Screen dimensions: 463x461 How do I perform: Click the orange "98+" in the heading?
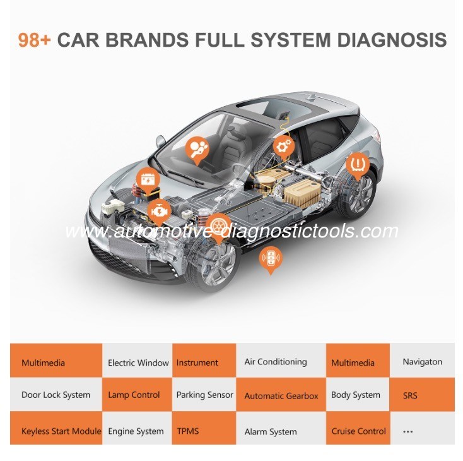(x=35, y=40)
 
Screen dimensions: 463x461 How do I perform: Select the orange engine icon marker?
(x=159, y=212)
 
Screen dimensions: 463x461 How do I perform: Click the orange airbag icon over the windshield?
(x=197, y=150)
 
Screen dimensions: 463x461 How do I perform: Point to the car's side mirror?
(x=160, y=141)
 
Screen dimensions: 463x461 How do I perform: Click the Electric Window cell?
(x=138, y=361)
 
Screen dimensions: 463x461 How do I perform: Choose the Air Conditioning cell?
(x=281, y=361)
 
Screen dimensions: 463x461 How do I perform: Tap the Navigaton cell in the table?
(x=422, y=361)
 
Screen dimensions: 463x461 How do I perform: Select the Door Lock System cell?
(x=56, y=395)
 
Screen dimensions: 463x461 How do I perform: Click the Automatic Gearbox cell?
(x=281, y=395)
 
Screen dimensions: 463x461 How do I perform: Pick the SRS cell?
(x=422, y=395)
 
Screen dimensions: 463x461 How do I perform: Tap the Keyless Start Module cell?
(x=56, y=428)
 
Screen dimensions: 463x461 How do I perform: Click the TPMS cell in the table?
(x=204, y=428)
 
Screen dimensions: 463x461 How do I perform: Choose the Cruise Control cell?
(x=358, y=428)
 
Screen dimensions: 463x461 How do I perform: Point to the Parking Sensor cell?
(x=204, y=395)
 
